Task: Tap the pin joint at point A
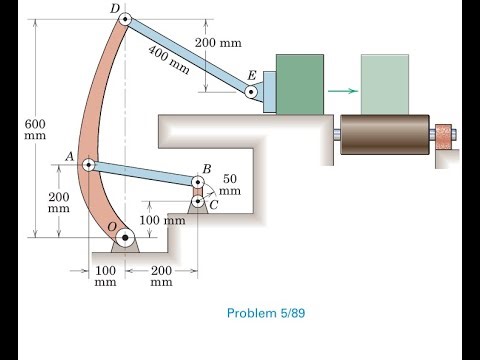pos(88,164)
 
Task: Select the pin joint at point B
pos(199,182)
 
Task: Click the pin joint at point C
pos(199,202)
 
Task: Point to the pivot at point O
pos(125,239)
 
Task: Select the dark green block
pos(295,83)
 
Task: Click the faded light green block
pos(383,83)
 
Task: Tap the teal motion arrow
pos(342,91)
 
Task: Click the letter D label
pos(114,9)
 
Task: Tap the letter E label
pos(250,76)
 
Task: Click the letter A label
pos(70,157)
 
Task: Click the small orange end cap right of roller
pos(441,132)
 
